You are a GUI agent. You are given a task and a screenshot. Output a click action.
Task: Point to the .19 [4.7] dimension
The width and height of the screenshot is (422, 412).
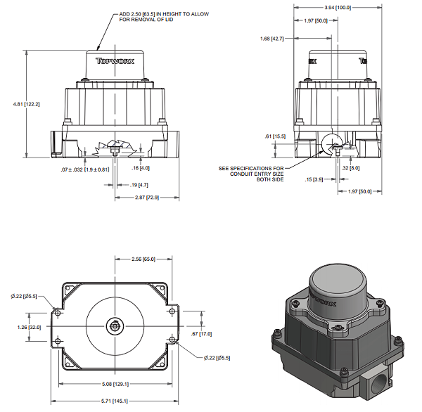[140, 184]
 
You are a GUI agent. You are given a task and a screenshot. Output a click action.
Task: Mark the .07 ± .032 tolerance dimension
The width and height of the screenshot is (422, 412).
[86, 169]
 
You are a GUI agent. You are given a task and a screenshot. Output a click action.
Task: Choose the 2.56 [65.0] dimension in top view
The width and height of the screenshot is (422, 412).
[143, 260]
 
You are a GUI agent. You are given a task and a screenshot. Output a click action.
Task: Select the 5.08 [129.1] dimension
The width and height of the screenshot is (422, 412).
[116, 383]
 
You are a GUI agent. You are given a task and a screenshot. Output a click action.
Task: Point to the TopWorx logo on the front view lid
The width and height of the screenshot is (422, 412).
[113, 61]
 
